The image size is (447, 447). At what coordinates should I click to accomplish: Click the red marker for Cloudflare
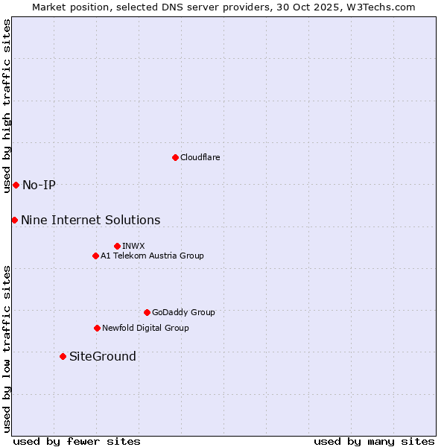[x=175, y=157]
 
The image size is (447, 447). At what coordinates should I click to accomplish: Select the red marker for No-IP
[x=16, y=185]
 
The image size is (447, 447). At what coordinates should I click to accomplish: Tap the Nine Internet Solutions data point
[x=14, y=220]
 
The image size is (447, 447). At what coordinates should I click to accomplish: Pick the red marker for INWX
[x=117, y=246]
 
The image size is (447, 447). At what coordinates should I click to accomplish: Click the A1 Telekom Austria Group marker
[x=95, y=256]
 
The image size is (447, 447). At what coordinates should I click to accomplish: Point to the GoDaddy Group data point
[x=147, y=312]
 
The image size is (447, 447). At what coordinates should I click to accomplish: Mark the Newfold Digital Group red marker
[x=97, y=328]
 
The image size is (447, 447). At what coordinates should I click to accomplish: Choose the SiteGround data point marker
[x=63, y=356]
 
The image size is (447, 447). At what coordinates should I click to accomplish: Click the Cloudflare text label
[x=200, y=157]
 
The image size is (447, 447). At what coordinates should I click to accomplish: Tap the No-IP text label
[x=39, y=185]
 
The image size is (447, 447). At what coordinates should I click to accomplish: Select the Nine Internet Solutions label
[x=90, y=220]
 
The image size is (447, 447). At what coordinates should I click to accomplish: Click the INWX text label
[x=133, y=246]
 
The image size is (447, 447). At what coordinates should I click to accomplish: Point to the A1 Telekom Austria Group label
[x=152, y=256]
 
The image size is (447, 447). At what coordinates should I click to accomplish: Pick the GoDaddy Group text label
[x=183, y=312]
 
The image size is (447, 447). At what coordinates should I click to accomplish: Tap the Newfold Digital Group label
[x=145, y=328]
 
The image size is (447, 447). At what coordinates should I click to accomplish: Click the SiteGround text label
[x=103, y=356]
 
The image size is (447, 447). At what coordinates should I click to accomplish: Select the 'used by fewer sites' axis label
[x=77, y=441]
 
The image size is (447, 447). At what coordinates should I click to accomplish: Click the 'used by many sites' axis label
[x=374, y=441]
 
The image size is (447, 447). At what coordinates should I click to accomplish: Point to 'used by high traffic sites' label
[x=7, y=106]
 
